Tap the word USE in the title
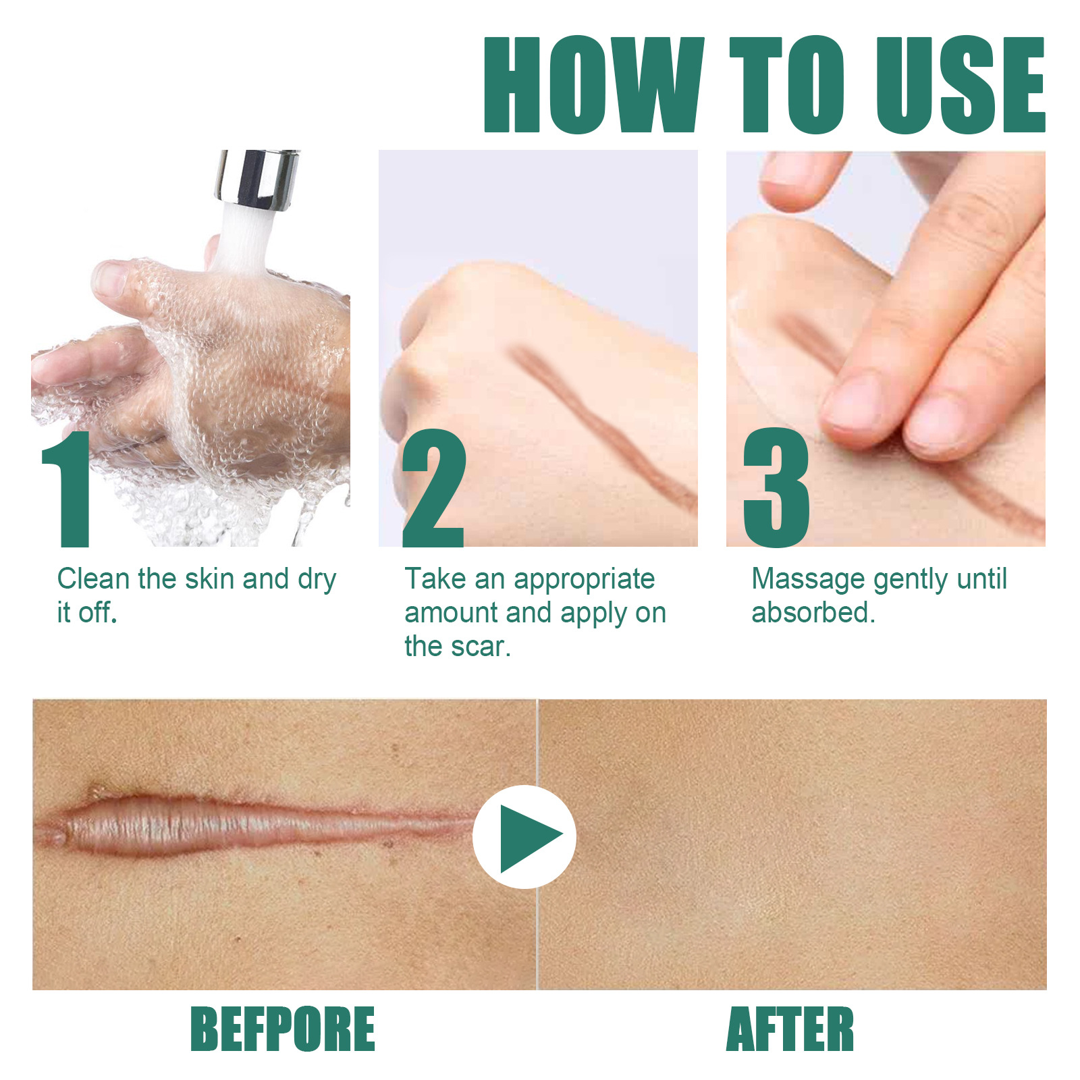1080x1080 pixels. (x=960, y=84)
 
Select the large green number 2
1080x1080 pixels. (x=434, y=489)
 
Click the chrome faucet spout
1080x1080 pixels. (x=256, y=179)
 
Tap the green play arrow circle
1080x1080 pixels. (x=524, y=836)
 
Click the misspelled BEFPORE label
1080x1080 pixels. (x=282, y=1029)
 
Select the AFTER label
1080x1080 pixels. (x=790, y=1029)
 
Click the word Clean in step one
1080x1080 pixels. (x=93, y=579)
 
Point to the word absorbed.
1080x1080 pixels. (x=813, y=613)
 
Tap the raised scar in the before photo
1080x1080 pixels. (x=202, y=825)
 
